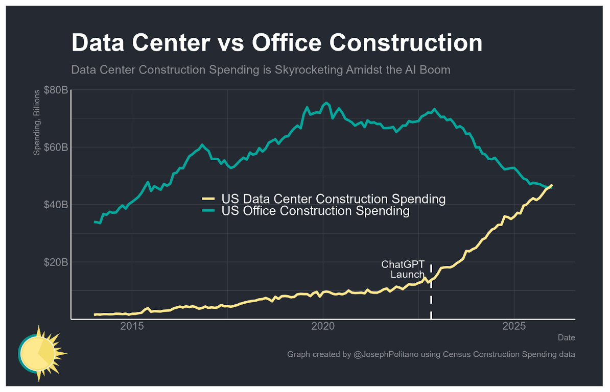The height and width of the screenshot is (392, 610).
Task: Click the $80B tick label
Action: click(x=56, y=90)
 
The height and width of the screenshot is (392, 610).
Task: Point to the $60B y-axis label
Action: click(x=56, y=148)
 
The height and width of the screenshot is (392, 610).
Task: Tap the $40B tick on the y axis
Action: click(x=56, y=205)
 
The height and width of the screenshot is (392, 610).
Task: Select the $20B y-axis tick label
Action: click(x=56, y=262)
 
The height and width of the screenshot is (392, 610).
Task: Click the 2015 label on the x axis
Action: click(x=132, y=327)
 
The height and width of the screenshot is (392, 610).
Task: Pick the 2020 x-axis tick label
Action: click(x=323, y=327)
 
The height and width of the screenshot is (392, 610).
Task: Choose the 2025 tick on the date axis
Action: click(x=514, y=327)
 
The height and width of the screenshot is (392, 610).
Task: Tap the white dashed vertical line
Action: click(x=431, y=296)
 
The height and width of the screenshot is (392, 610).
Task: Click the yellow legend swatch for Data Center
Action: click(x=208, y=199)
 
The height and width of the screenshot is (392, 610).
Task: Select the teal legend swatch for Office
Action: click(x=208, y=211)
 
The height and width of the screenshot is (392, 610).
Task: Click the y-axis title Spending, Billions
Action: click(x=37, y=122)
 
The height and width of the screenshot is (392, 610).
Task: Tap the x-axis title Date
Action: click(x=566, y=338)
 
